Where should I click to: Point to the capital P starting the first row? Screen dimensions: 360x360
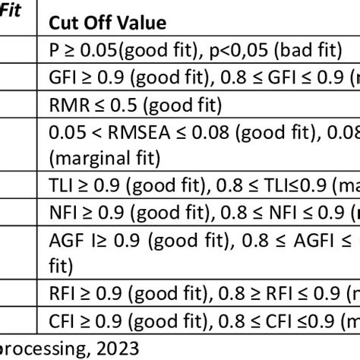click(x=53, y=49)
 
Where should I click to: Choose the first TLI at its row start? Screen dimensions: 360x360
click(x=60, y=185)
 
